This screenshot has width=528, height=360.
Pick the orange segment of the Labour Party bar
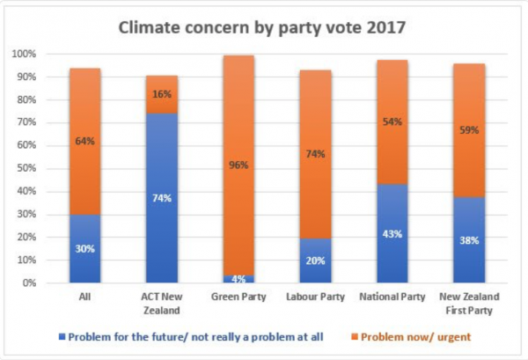coord(315,123)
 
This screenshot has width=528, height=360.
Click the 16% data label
coord(161,94)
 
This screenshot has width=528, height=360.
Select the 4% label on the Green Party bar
coord(238,279)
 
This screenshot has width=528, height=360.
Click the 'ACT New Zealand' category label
coord(161,304)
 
